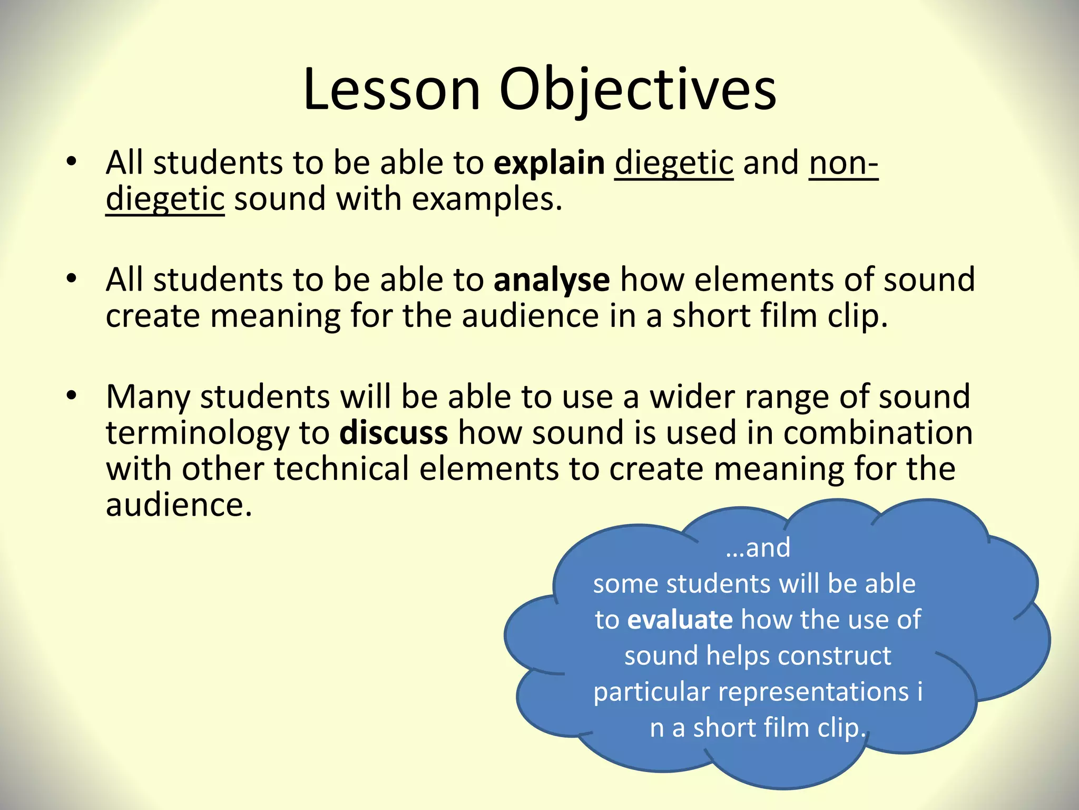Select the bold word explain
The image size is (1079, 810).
click(x=549, y=163)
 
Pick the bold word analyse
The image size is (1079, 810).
click(x=552, y=280)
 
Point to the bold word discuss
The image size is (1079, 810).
click(x=394, y=433)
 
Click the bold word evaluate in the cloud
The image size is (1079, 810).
click(x=680, y=620)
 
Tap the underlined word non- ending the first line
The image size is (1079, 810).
click(x=843, y=163)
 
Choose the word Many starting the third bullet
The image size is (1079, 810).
click(x=148, y=397)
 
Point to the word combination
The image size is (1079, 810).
click(x=878, y=433)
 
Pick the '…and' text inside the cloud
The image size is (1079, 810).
click(x=758, y=548)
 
